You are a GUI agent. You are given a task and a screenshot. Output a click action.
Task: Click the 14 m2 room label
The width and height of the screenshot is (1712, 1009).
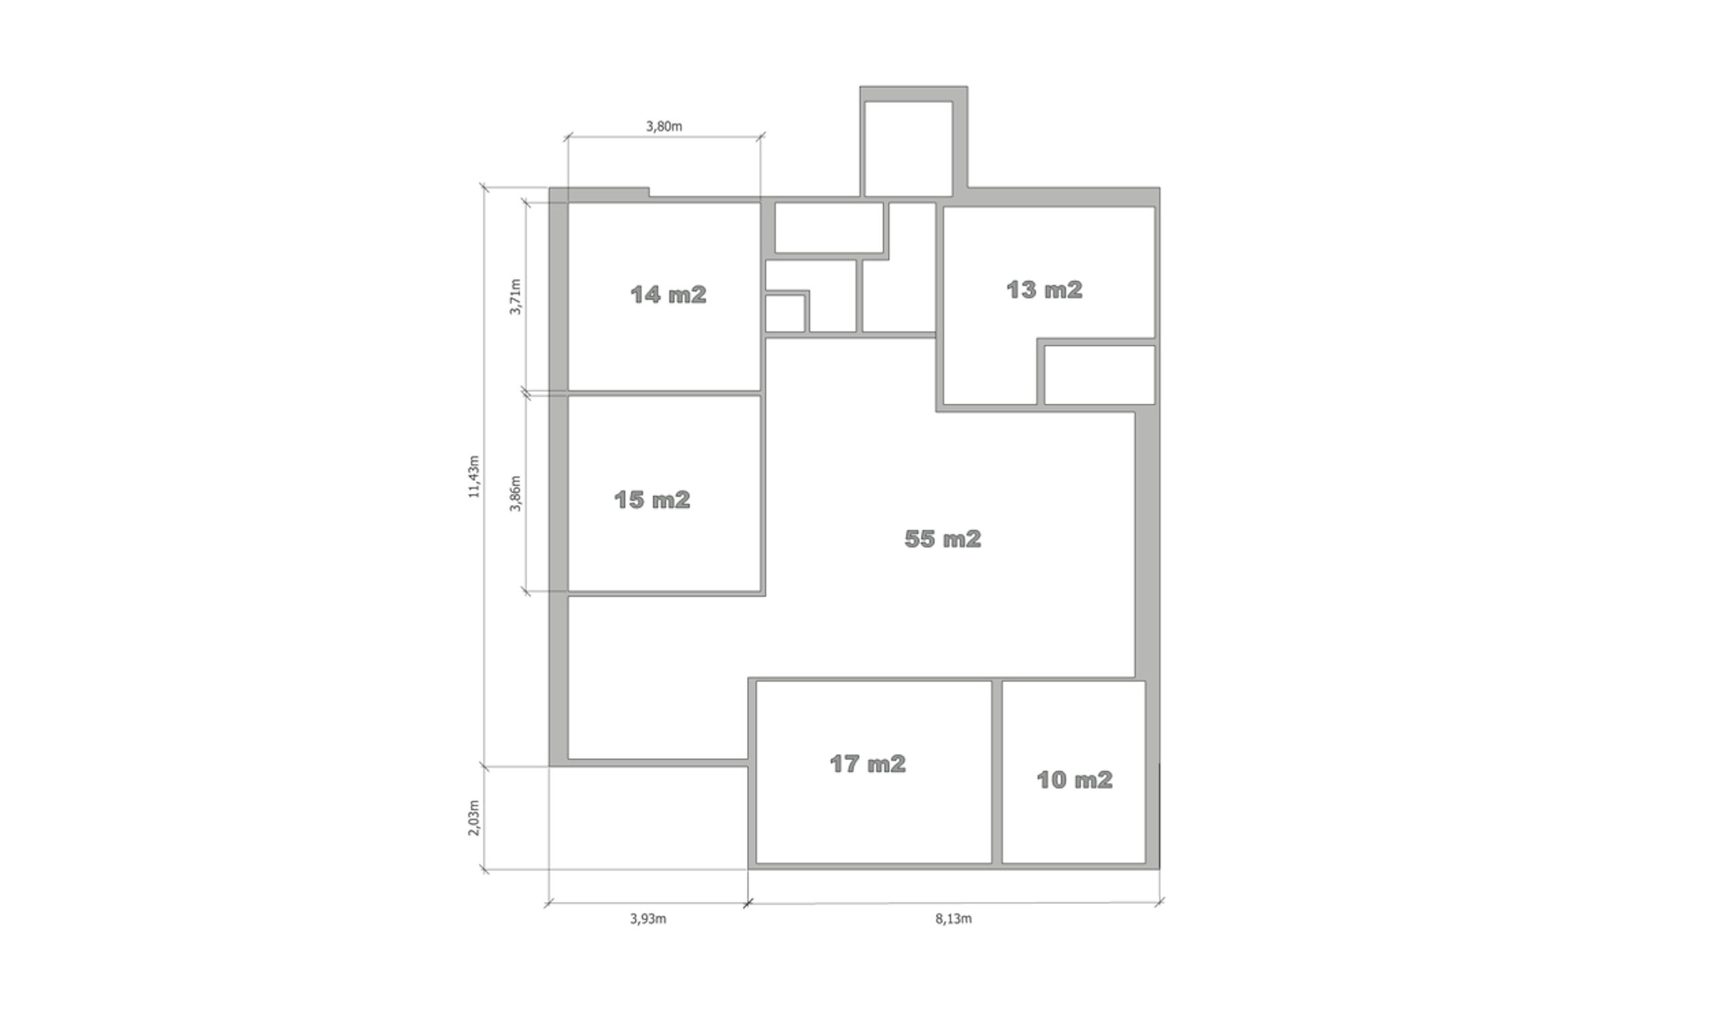point(669,295)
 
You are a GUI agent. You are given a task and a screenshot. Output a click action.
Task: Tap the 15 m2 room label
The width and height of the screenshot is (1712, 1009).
point(652,500)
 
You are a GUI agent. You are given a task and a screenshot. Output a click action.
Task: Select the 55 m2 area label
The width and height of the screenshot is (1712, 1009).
point(943,539)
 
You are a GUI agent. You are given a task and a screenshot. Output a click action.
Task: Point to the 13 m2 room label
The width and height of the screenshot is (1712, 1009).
point(1044,291)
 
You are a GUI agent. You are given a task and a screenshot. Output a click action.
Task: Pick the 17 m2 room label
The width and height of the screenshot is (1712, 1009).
point(868,764)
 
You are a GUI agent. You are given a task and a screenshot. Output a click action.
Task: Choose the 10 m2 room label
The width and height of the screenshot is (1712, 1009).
point(1075,780)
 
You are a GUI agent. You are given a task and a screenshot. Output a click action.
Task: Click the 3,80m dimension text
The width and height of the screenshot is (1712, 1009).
point(664,126)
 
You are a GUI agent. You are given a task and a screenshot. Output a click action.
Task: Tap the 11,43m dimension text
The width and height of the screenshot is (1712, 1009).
point(473,477)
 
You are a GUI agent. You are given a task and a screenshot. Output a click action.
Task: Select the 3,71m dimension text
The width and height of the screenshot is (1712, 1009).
point(516,297)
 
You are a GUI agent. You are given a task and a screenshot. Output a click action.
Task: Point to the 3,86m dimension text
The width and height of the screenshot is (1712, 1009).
point(516,494)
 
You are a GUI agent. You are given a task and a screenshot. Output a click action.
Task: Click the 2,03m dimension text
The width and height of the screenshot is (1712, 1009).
point(474,818)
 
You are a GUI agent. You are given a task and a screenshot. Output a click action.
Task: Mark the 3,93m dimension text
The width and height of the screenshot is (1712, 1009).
point(648,920)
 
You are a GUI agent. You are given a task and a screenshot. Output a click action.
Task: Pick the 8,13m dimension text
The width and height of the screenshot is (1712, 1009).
point(954,920)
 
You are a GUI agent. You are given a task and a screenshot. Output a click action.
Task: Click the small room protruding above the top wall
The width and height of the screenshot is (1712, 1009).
point(908,149)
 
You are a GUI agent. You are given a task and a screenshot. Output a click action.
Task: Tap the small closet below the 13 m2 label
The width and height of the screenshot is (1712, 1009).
point(1099,375)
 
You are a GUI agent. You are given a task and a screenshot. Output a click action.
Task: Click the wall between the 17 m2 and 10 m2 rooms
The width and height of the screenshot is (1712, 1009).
point(997,772)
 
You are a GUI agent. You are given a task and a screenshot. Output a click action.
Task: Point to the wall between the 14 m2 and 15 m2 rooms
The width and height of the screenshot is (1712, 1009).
point(664,394)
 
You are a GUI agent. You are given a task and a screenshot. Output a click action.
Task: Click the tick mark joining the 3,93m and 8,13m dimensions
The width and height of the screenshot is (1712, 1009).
point(748,903)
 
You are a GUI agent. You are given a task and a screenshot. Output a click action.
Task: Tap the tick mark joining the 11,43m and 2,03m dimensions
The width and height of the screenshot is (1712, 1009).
point(485,767)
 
